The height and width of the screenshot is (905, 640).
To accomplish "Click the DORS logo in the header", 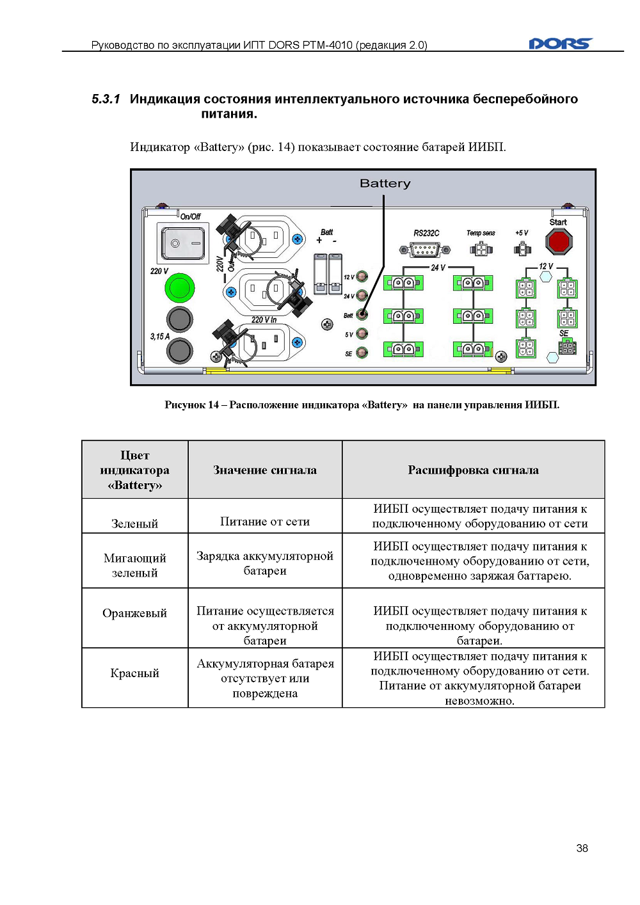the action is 561,44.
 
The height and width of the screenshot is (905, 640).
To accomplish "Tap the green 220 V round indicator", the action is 179,288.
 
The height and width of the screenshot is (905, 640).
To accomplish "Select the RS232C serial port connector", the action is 424,250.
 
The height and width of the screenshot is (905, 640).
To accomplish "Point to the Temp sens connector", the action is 481,249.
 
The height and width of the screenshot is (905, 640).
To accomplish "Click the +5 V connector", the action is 522,248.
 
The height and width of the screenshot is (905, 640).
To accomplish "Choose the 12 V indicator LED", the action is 362,276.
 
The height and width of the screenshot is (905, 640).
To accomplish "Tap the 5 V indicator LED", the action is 362,333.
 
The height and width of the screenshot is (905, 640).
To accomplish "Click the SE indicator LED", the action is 362,352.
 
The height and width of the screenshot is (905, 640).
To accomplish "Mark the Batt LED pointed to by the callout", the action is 362,314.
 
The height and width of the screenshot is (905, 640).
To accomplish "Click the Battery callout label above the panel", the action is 385,184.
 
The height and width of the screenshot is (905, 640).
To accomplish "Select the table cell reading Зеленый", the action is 134,524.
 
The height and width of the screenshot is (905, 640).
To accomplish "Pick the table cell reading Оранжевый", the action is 134,613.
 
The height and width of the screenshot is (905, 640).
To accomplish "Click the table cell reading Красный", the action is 134,673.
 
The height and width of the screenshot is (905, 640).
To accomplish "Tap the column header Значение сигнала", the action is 265,470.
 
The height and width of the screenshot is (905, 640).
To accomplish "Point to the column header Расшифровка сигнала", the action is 473,470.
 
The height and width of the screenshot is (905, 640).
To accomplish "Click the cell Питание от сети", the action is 265,521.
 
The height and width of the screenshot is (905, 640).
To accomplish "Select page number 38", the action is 582,848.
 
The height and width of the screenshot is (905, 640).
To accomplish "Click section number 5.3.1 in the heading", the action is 106,99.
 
